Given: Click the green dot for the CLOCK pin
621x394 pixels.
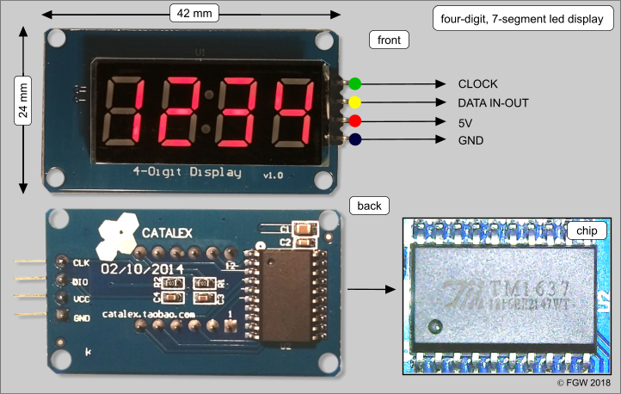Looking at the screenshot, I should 354,84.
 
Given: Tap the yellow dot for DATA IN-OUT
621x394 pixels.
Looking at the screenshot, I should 354,102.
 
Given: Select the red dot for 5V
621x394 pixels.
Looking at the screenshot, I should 354,120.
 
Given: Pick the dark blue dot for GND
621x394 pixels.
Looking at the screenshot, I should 354,139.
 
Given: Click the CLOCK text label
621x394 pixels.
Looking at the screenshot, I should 478,84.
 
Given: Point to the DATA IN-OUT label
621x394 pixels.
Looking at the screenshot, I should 493,102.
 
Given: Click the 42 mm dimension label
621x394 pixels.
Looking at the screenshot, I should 193,14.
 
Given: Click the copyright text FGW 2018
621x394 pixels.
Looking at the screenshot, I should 588,382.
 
